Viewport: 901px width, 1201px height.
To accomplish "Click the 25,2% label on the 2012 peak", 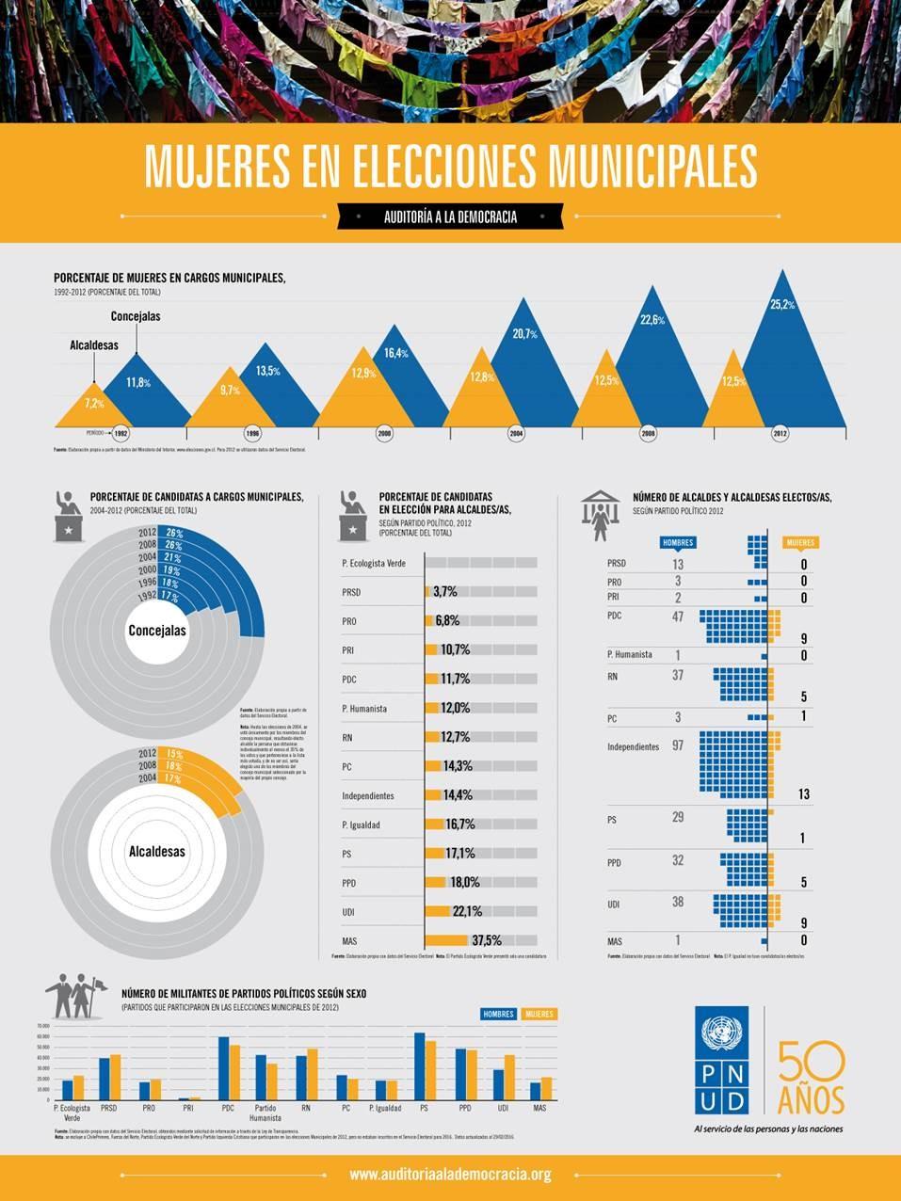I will point(782,304).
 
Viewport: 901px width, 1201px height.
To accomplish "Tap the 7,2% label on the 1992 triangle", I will point(94,403).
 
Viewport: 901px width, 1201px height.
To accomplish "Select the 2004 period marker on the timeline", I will point(516,434).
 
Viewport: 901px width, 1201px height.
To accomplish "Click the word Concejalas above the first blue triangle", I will point(136,316).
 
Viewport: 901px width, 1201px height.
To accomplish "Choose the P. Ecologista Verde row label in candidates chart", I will point(374,563).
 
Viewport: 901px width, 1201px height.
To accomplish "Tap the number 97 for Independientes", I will point(677,745).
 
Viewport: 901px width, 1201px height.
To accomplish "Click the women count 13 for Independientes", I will point(803,794).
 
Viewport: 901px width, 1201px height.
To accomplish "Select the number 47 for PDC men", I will point(677,617).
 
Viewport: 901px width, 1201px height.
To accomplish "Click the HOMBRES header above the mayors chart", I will point(678,542).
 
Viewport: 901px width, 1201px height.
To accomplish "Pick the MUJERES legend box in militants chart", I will point(539,1014).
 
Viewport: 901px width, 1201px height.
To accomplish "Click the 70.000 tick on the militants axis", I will point(42,1025).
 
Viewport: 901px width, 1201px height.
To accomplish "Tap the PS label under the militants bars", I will point(426,1108).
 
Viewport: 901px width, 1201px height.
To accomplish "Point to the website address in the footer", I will point(450,1175).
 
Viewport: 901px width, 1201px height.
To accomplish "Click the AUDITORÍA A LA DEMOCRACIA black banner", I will point(450,216).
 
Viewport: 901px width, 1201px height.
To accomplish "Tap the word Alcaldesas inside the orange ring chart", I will point(156,852).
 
